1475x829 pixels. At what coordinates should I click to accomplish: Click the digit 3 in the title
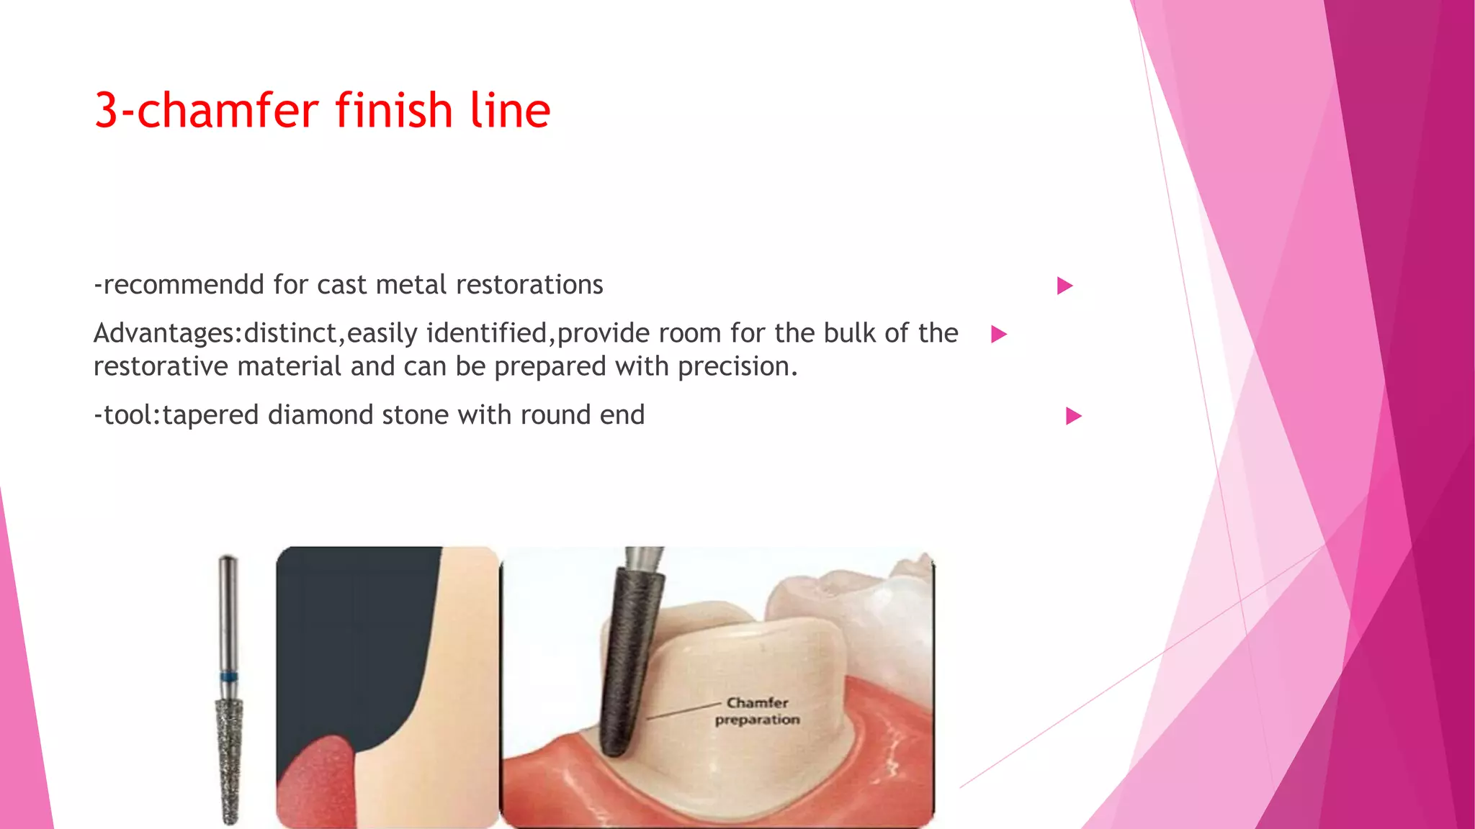pos(106,111)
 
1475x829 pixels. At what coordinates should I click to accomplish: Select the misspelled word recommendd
pos(184,285)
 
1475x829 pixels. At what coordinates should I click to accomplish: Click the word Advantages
pos(165,334)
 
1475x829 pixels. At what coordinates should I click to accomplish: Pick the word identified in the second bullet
pos(486,333)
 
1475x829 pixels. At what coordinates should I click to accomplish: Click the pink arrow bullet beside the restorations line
pos(1064,286)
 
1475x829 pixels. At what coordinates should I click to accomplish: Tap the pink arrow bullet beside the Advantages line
pos(998,334)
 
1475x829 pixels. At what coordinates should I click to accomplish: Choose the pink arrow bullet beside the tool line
pos(1073,416)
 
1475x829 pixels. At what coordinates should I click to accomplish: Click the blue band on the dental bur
pos(229,676)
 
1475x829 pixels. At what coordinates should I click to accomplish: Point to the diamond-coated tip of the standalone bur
pos(230,763)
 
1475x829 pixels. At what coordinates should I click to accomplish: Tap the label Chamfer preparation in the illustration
pos(757,711)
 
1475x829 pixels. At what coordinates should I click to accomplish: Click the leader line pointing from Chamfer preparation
pos(684,710)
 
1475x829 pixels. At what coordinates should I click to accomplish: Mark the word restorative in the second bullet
pos(161,367)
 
